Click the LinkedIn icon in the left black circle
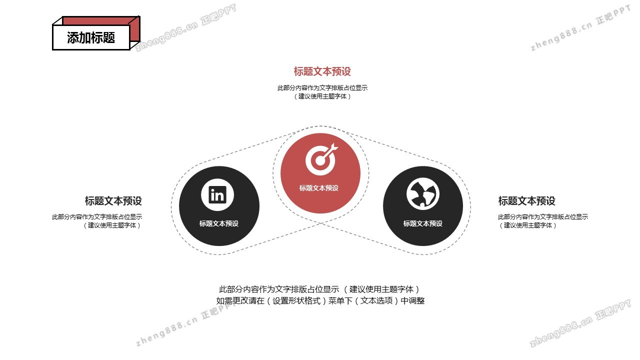(x=217, y=195)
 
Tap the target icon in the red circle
(x=321, y=159)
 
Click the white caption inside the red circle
(x=319, y=188)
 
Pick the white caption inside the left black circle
(x=219, y=223)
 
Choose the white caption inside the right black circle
(x=423, y=223)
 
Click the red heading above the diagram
(x=322, y=71)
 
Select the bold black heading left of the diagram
(x=113, y=201)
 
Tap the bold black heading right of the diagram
(x=527, y=201)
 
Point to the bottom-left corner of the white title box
(x=52, y=50)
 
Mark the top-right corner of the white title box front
(x=130, y=25)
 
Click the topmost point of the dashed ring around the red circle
(x=320, y=126)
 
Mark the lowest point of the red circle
(x=320, y=213)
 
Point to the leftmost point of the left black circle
(x=179, y=206)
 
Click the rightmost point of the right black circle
(x=463, y=206)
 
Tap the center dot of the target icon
(x=320, y=161)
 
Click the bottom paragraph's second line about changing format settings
(x=320, y=300)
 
